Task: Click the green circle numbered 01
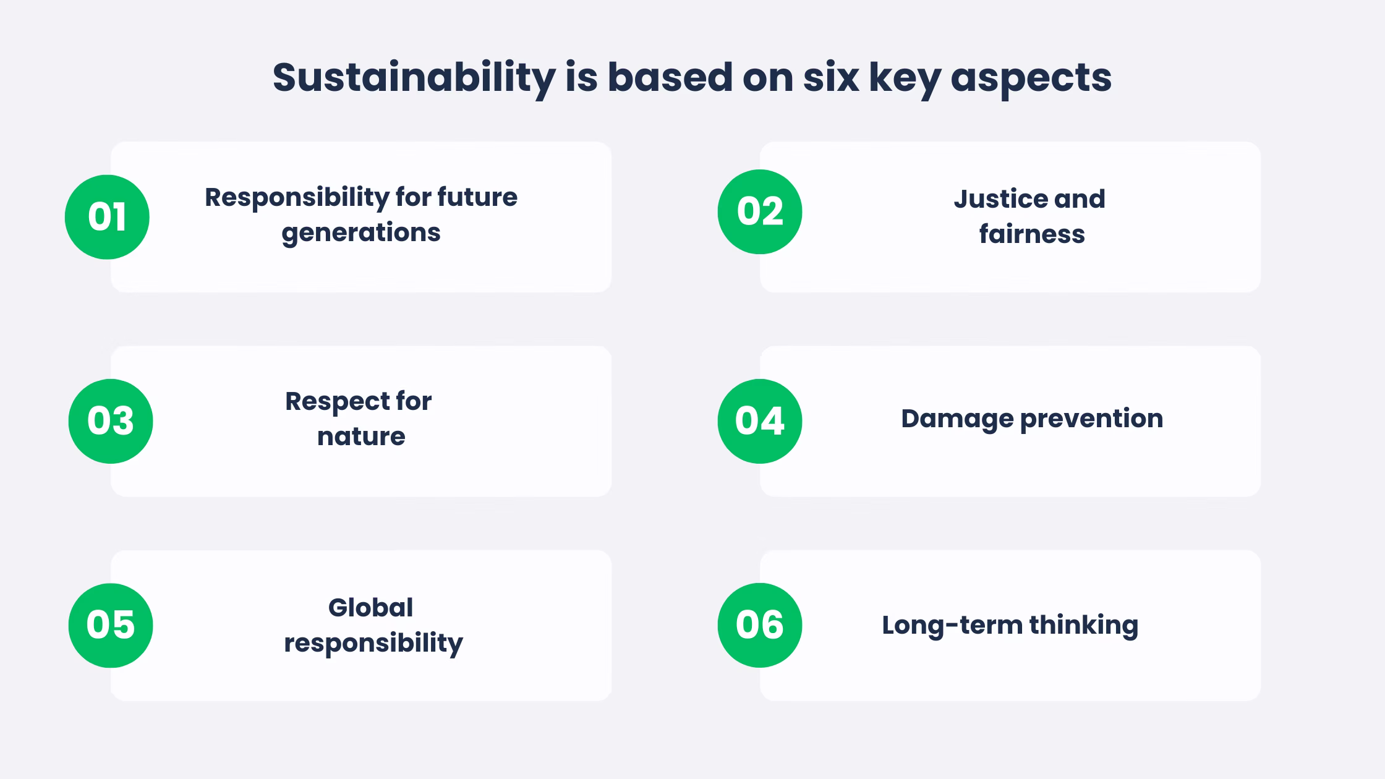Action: coord(107,217)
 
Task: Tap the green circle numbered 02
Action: coord(760,211)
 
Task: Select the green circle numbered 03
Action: coord(111,421)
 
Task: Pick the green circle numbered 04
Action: coord(760,421)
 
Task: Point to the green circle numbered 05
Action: coord(111,625)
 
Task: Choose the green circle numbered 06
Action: coord(760,625)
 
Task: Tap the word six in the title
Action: coord(831,78)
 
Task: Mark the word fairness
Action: coord(1032,234)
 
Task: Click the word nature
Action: coord(361,436)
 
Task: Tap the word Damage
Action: coord(957,419)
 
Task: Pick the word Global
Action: coord(370,608)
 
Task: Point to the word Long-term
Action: coord(952,625)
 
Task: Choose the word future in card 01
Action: coord(477,198)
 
